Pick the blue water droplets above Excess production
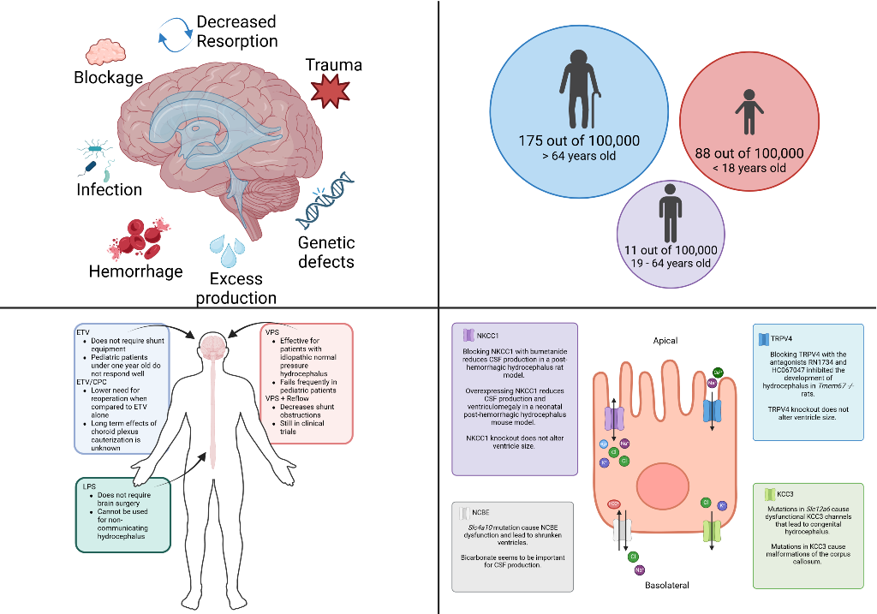228,249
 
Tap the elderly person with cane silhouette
577,89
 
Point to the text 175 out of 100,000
579,140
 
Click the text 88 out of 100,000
749,153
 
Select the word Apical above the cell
665,340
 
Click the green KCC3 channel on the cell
712,529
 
